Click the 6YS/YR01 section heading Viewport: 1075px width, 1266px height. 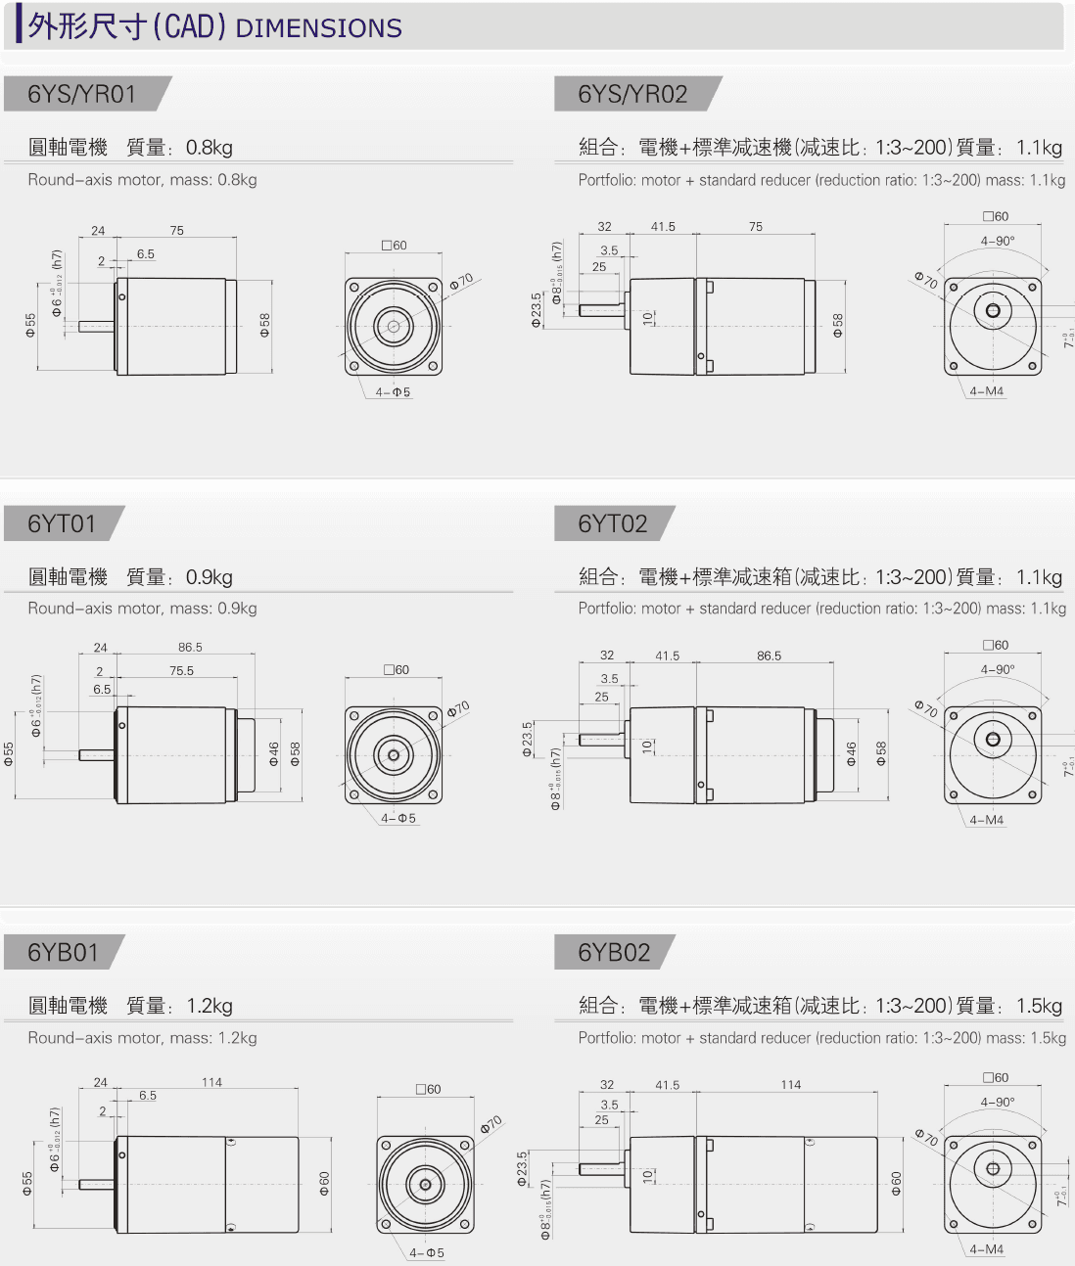[x=81, y=94]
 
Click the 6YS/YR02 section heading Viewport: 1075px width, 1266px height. [x=632, y=94]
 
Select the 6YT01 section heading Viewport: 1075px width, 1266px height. [x=62, y=523]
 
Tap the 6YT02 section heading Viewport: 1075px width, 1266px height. [x=613, y=523]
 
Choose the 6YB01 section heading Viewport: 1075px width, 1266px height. [x=63, y=952]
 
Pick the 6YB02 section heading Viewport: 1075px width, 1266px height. [x=614, y=952]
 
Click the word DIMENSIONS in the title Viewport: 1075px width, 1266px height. [x=318, y=27]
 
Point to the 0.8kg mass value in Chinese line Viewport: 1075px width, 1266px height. [x=209, y=148]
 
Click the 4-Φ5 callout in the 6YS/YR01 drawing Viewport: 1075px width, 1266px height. [x=393, y=392]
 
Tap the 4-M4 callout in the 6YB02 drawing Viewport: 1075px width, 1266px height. [x=986, y=1249]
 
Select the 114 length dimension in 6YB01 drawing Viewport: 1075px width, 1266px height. [x=211, y=1082]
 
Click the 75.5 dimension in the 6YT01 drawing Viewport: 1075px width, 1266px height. [x=181, y=671]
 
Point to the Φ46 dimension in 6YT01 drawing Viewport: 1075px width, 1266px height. [x=274, y=753]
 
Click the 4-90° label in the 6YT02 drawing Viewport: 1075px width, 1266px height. [x=998, y=669]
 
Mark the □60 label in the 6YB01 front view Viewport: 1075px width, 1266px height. [x=428, y=1089]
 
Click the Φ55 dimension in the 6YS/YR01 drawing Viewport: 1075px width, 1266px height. [x=30, y=325]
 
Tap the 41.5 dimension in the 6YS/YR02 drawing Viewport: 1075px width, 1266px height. [x=663, y=227]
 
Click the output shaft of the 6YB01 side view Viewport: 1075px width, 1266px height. [x=96, y=1184]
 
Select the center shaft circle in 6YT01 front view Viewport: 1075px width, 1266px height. [x=394, y=755]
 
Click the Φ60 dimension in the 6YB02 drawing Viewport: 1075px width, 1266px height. [x=896, y=1184]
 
